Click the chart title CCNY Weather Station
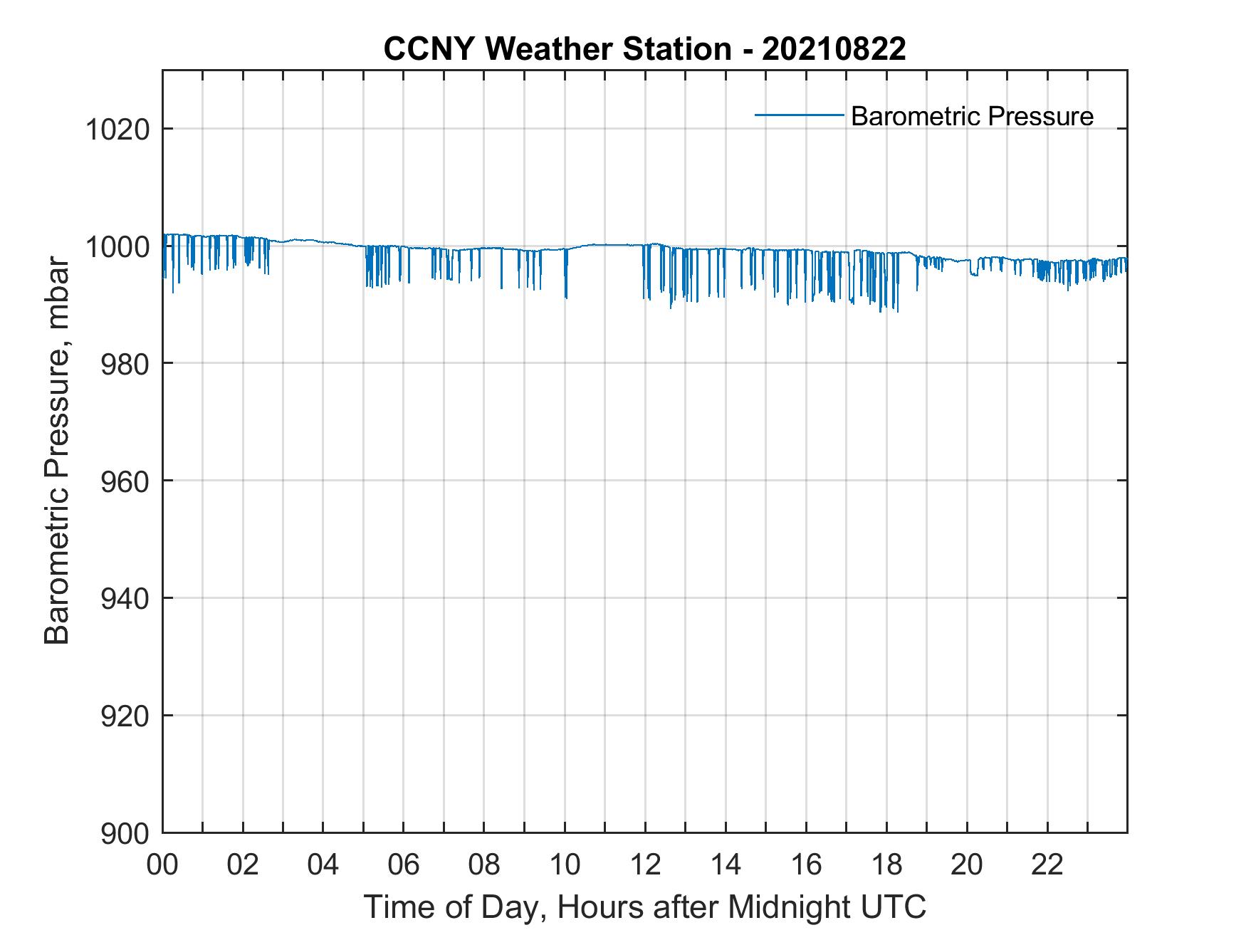click(x=557, y=48)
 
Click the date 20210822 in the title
click(x=834, y=48)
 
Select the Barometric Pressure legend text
click(x=972, y=116)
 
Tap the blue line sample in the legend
click(x=799, y=115)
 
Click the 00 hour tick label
click(x=162, y=865)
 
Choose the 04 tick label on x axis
click(x=323, y=865)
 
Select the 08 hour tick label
click(x=484, y=865)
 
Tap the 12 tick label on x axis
click(x=645, y=865)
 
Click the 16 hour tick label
click(x=806, y=865)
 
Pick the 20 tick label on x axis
click(x=967, y=865)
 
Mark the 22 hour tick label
click(x=1047, y=865)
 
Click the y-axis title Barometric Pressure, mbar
click(x=57, y=450)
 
